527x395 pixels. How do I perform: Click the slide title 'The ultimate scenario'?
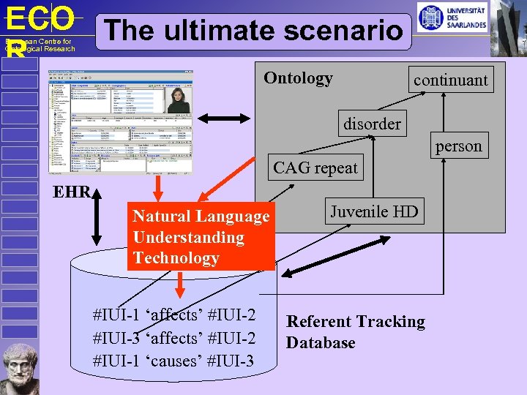click(254, 31)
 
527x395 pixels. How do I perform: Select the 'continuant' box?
click(450, 80)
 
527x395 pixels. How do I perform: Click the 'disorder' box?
click(372, 124)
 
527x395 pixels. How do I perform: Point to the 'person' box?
click(459, 146)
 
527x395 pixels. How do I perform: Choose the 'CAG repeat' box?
click(315, 168)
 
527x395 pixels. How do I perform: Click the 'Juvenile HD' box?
click(374, 212)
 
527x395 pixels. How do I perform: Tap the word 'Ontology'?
click(298, 78)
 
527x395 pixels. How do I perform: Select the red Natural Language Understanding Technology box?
click(201, 237)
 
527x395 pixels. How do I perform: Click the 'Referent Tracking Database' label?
click(355, 332)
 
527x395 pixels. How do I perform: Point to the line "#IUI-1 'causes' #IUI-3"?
click(174, 361)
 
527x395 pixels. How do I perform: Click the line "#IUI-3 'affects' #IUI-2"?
click(174, 338)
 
